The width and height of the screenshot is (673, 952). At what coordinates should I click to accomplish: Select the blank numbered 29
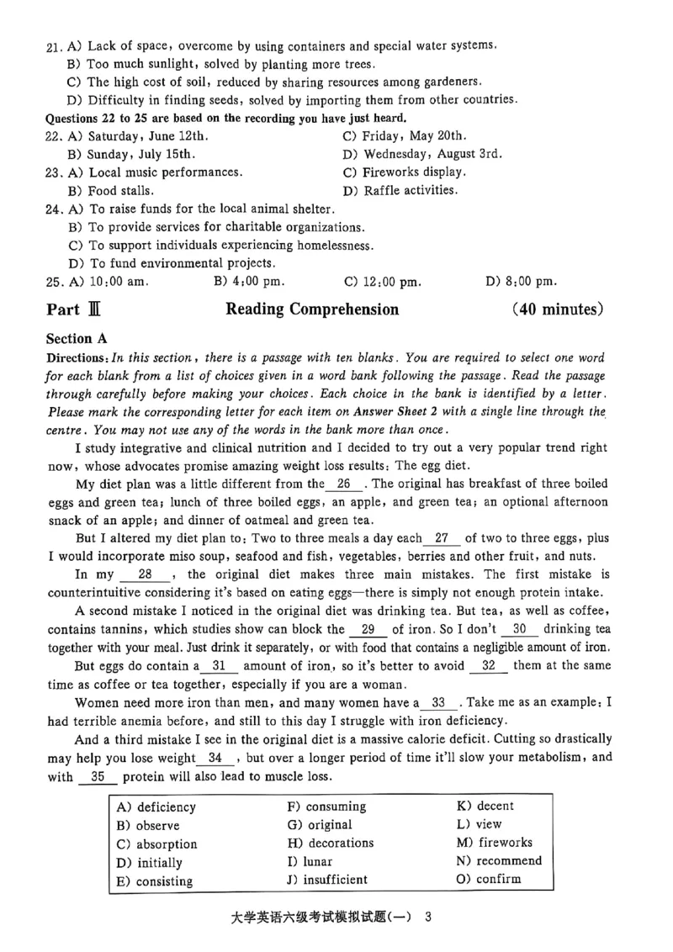click(368, 629)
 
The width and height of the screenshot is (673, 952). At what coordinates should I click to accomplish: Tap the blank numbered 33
click(438, 702)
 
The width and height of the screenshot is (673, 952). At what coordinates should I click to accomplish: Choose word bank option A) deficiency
click(156, 807)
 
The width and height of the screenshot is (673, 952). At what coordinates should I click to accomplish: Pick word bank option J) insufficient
click(327, 881)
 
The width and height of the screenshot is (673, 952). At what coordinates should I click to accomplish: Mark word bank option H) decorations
click(331, 844)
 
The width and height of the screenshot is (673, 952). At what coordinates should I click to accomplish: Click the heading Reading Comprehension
click(312, 309)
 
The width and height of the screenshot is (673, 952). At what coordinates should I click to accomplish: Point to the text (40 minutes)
click(557, 309)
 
